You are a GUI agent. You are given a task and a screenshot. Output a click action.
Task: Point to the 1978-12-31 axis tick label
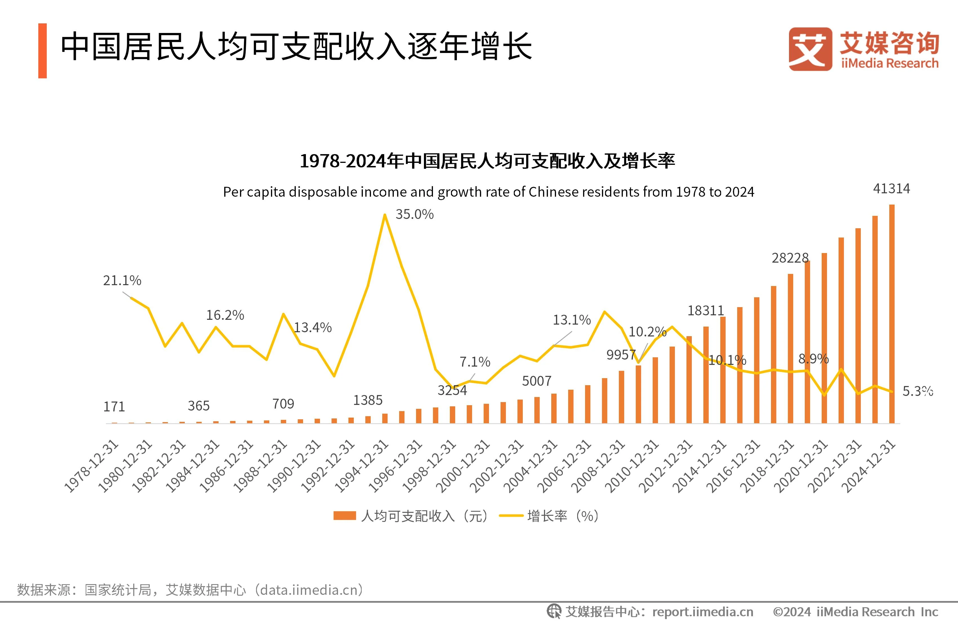click(92, 466)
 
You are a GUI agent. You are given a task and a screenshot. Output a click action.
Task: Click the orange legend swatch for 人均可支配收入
click(344, 516)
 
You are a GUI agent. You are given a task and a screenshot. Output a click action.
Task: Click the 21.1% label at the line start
click(122, 280)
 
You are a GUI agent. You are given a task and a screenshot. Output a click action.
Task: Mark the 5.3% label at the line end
click(917, 391)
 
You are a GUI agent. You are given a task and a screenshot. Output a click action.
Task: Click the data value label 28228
click(790, 258)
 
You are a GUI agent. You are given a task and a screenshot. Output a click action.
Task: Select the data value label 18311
click(705, 311)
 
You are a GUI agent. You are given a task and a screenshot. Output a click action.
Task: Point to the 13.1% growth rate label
click(571, 320)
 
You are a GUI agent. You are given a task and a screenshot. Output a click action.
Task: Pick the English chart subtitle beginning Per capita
click(488, 192)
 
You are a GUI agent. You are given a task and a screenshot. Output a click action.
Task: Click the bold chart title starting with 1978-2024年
click(487, 161)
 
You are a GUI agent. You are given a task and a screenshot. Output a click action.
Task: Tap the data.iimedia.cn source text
click(309, 590)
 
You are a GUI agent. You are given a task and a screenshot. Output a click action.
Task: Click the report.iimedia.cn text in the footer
click(703, 612)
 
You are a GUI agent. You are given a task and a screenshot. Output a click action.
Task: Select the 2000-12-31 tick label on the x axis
click(463, 466)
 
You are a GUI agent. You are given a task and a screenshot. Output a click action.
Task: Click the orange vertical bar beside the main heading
click(42, 51)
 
